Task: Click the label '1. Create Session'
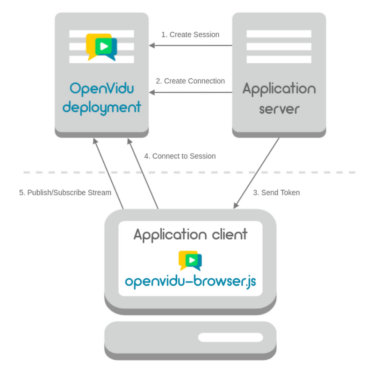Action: pyautogui.click(x=190, y=35)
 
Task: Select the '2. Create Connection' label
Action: pyautogui.click(x=190, y=81)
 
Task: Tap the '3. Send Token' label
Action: pyautogui.click(x=276, y=192)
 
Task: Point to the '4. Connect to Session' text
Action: pyautogui.click(x=180, y=156)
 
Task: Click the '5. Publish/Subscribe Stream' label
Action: pyautogui.click(x=65, y=192)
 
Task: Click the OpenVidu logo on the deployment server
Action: pyautogui.click(x=101, y=47)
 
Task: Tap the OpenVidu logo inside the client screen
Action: pyautogui.click(x=190, y=260)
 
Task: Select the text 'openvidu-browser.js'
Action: pyautogui.click(x=190, y=282)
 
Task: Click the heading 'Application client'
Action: pyautogui.click(x=190, y=234)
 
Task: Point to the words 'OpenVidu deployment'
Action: pyautogui.click(x=101, y=98)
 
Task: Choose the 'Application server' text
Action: pyautogui.click(x=279, y=98)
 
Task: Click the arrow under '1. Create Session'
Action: pyautogui.click(x=190, y=45)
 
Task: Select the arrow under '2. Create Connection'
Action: pyautogui.click(x=190, y=92)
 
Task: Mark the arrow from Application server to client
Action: pyautogui.click(x=257, y=173)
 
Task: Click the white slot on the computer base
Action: pyautogui.click(x=230, y=337)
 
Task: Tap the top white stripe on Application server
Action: pyautogui.click(x=279, y=34)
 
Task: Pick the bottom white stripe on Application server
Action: pyautogui.click(x=279, y=59)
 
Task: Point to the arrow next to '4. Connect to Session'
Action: pyautogui.click(x=143, y=173)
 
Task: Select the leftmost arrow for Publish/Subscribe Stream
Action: pyautogui.click(x=108, y=173)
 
